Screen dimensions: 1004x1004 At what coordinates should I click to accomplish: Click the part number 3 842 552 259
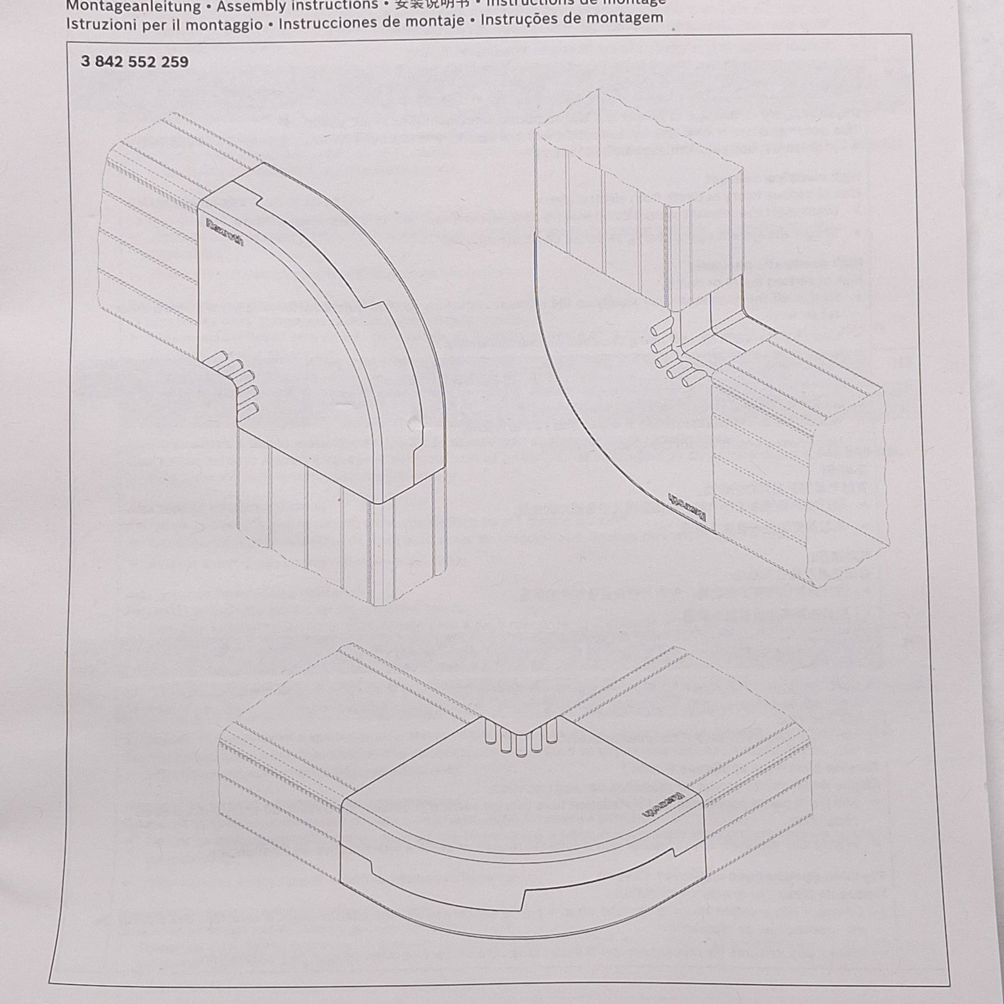134,62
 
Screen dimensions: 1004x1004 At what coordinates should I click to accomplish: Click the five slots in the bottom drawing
520,739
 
